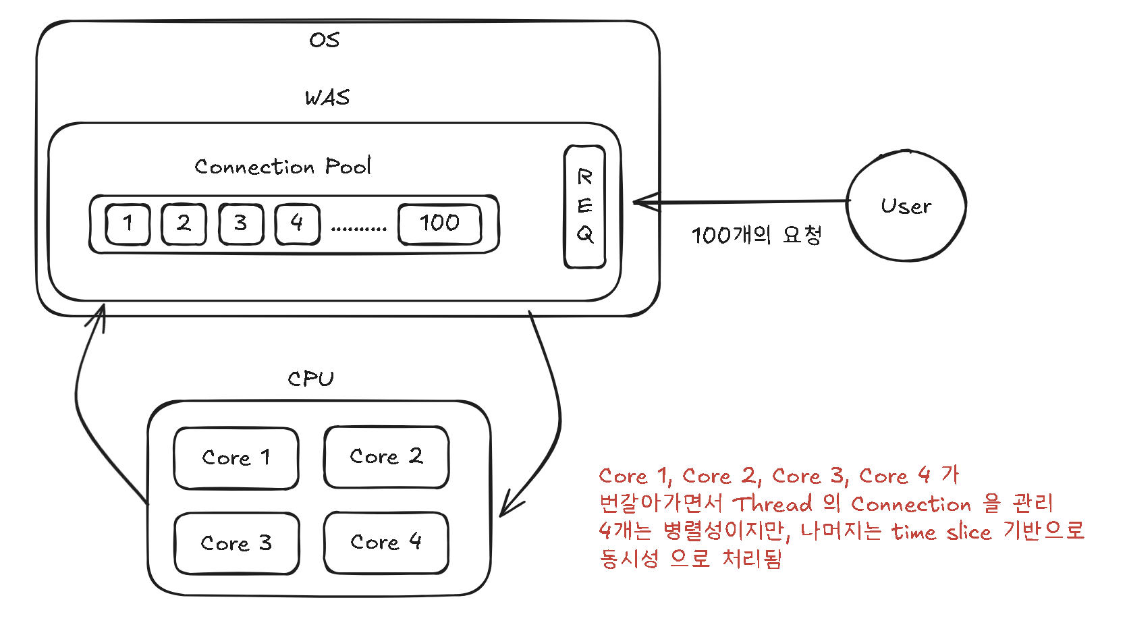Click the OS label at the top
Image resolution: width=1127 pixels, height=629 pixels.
coord(325,40)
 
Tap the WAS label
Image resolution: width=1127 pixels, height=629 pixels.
coord(327,98)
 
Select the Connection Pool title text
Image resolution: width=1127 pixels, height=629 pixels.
coord(283,166)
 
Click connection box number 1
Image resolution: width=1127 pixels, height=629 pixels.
coord(128,224)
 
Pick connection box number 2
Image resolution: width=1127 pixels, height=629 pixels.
coord(184,224)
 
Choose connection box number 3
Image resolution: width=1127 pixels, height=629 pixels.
coord(240,224)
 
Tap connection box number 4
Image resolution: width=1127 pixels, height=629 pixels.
coord(297,224)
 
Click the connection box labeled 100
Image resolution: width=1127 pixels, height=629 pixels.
coord(439,224)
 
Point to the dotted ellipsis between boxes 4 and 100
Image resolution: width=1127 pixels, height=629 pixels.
coord(359,229)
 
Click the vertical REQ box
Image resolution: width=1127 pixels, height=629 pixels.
coord(584,206)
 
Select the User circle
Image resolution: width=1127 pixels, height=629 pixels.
coord(906,206)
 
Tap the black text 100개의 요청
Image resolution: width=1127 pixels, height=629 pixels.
coord(756,235)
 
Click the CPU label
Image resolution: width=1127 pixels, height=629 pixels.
coord(310,379)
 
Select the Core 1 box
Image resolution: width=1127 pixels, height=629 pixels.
coord(236,458)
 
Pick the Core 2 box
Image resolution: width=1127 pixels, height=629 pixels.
coord(386,456)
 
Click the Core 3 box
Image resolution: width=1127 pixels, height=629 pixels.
coord(236,543)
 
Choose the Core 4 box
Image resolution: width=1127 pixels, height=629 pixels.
coord(386,542)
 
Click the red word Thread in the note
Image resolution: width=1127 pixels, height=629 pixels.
coord(773,503)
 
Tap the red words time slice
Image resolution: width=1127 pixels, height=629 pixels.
coord(941,532)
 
